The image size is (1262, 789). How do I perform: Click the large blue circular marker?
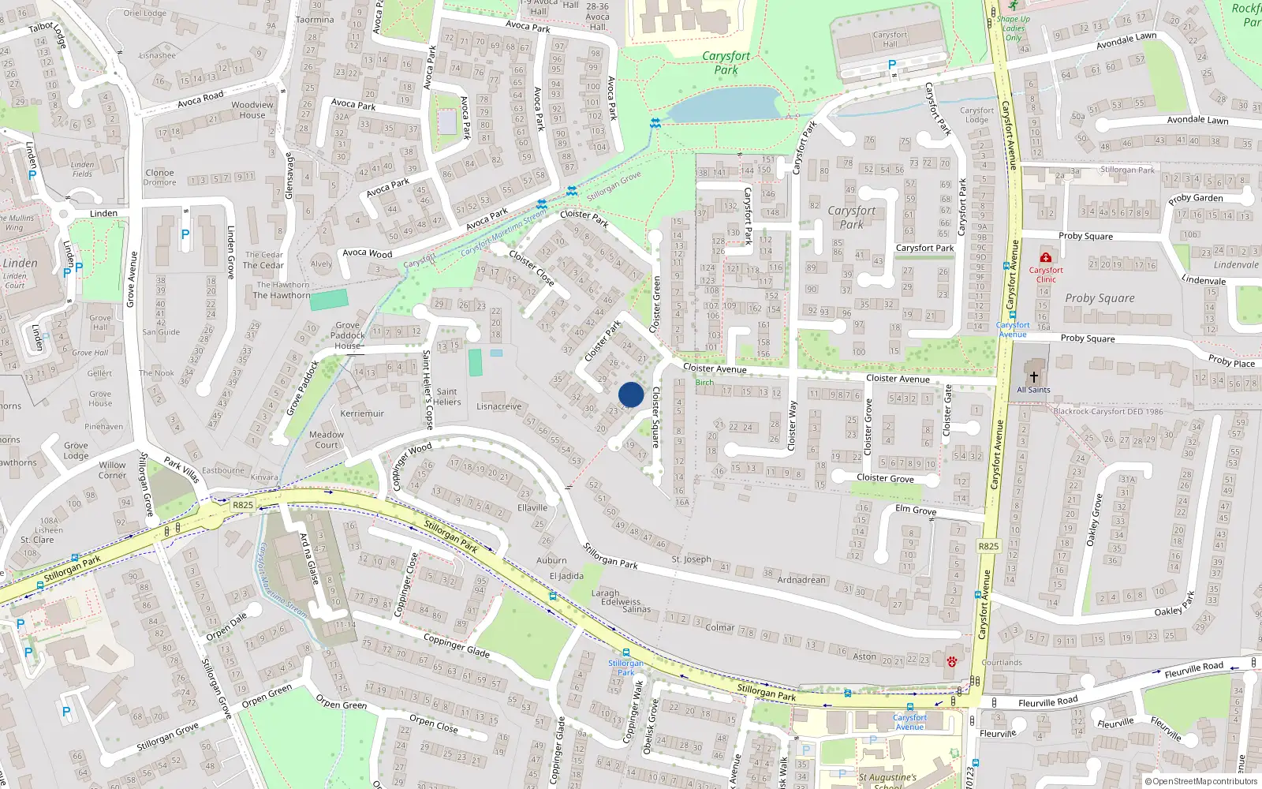(x=631, y=394)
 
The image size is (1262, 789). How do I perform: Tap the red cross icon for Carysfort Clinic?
(x=1046, y=257)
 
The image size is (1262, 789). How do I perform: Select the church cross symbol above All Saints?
(x=1033, y=377)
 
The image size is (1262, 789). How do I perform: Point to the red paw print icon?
(x=952, y=661)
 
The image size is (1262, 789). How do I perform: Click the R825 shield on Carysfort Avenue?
(x=988, y=546)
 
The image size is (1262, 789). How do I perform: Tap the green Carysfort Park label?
(x=726, y=63)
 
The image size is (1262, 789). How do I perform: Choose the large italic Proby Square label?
(x=1100, y=298)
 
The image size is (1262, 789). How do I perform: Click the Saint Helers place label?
(x=446, y=397)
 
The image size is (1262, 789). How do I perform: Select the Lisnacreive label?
(x=498, y=407)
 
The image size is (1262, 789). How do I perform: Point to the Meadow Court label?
(x=327, y=439)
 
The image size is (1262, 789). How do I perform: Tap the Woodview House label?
(x=252, y=110)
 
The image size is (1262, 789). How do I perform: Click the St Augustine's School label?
(x=887, y=780)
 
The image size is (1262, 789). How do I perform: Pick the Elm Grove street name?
(x=916, y=510)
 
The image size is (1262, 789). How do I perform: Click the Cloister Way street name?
(x=792, y=426)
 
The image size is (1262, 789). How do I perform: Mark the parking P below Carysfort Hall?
(x=892, y=65)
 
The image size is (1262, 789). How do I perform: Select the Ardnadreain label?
(x=801, y=580)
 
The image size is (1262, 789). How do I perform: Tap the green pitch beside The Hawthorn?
(x=328, y=300)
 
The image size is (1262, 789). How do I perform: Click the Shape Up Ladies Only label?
(x=1014, y=28)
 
